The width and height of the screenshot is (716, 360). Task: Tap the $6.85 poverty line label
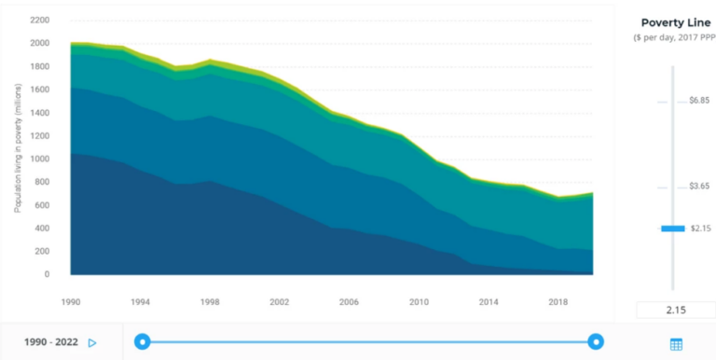699,101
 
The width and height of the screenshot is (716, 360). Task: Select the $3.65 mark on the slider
662,187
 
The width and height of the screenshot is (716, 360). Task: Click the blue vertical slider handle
672,228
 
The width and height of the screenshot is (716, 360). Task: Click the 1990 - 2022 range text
51,342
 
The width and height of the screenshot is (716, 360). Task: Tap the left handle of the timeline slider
142,342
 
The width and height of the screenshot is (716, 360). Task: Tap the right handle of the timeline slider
596,342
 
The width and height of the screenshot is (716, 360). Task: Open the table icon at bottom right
676,344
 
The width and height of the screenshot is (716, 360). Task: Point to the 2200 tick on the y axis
39,20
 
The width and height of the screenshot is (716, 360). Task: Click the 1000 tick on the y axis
39,159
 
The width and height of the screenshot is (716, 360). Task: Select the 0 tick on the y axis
47,275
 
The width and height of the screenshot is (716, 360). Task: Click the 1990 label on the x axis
70,302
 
